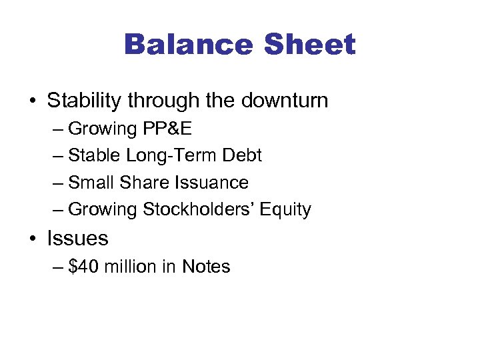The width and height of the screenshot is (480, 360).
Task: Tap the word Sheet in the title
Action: [310, 45]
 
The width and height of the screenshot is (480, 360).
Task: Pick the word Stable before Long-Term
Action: [93, 155]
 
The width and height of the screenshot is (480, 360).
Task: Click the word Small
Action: [91, 183]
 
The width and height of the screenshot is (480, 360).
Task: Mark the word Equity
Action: [285, 210]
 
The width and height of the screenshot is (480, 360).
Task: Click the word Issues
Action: [77, 238]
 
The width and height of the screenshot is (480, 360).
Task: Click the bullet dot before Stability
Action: [33, 102]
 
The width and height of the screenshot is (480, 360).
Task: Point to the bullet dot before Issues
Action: [33, 239]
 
